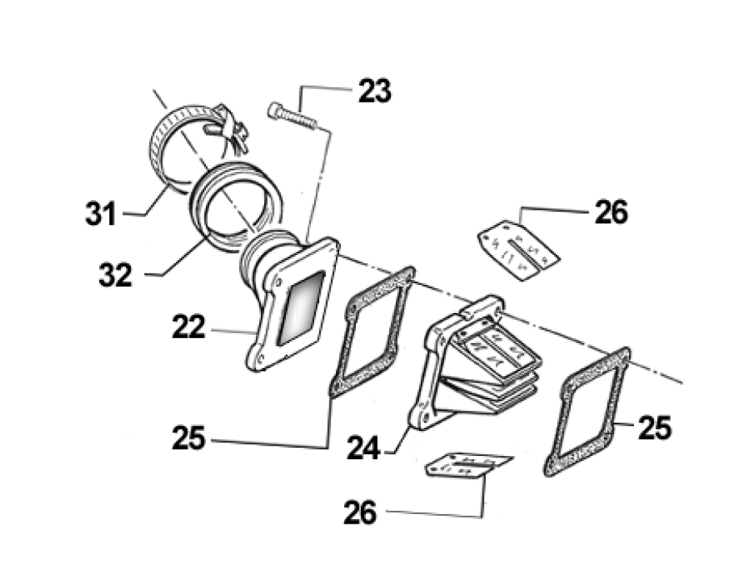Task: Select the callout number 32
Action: (x=115, y=275)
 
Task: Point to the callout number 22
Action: (x=188, y=328)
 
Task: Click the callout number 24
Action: (x=364, y=447)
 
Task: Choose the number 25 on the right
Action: (x=653, y=429)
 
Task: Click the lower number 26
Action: (x=360, y=512)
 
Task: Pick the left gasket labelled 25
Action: (x=371, y=332)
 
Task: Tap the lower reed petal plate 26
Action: (x=467, y=466)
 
